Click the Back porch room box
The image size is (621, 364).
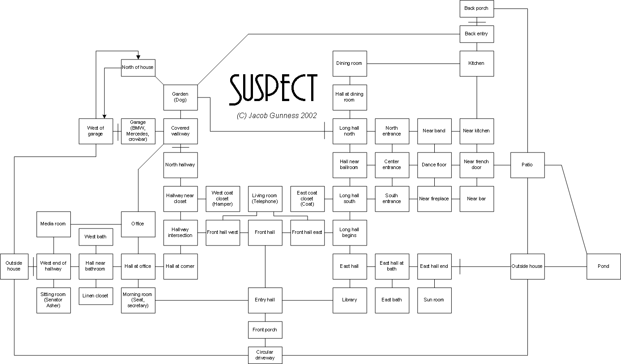pyautogui.click(x=476, y=8)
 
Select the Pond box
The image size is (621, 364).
pyautogui.click(x=604, y=266)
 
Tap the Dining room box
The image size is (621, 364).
pyautogui.click(x=349, y=63)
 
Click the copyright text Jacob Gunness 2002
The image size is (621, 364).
pyautogui.click(x=277, y=115)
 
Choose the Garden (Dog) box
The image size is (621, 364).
pyautogui.click(x=180, y=97)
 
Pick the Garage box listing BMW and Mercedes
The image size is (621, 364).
pyautogui.click(x=138, y=131)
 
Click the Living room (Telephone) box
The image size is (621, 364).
pyautogui.click(x=265, y=199)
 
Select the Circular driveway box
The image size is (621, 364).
pyautogui.click(x=265, y=355)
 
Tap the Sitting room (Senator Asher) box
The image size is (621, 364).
pyautogui.click(x=53, y=300)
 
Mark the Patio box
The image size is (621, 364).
pyautogui.click(x=527, y=165)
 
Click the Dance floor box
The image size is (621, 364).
pyautogui.click(x=434, y=165)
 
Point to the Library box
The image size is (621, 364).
pyautogui.click(x=349, y=300)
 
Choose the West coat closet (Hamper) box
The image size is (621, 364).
pyautogui.click(x=222, y=199)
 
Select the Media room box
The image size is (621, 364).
pyautogui.click(x=53, y=224)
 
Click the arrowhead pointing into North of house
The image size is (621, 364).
pyautogui.click(x=138, y=56)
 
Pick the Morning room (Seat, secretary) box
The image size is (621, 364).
pyautogui.click(x=138, y=300)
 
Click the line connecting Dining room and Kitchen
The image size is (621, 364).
pyautogui.click(x=413, y=63)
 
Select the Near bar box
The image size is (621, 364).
pyautogui.click(x=476, y=199)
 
